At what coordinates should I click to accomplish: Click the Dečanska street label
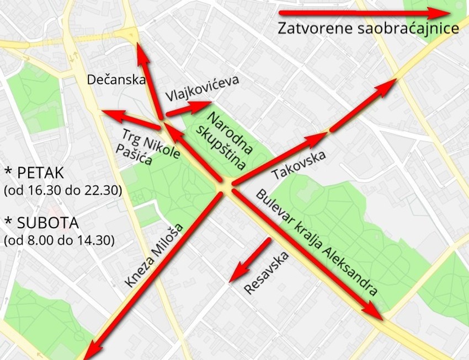coord(116,80)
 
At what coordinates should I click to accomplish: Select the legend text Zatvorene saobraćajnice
coord(369,28)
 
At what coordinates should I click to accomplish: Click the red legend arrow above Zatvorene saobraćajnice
coord(364,12)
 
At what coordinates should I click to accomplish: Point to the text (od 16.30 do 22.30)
coord(62,191)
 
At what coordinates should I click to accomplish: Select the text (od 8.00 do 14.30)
coord(59,240)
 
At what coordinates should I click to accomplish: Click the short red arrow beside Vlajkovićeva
coord(189,108)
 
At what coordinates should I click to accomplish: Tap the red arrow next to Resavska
coord(251,258)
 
